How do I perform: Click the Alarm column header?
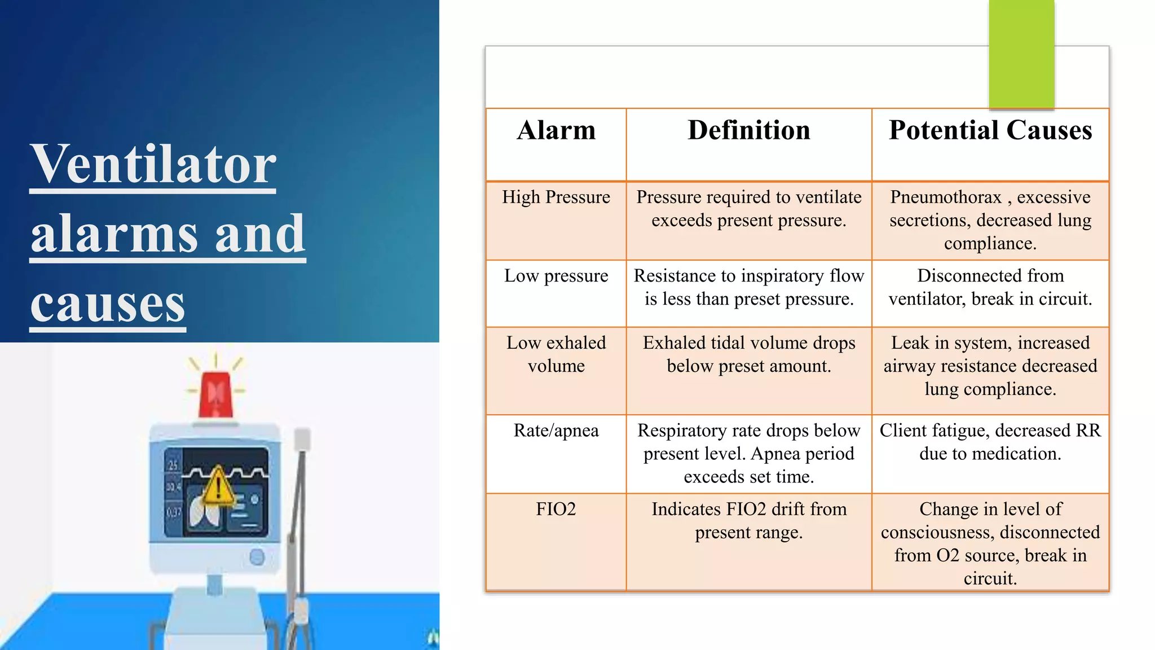[x=556, y=131]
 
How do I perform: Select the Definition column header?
[x=749, y=131]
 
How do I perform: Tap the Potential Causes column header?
[x=990, y=131]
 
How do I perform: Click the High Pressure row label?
[x=556, y=197]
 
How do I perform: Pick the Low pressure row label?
[x=556, y=276]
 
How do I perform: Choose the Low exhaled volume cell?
[x=556, y=354]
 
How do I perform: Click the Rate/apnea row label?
[x=556, y=431]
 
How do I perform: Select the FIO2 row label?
[x=556, y=509]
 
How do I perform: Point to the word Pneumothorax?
[x=946, y=197]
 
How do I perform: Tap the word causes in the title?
[x=108, y=304]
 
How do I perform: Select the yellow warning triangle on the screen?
[x=218, y=486]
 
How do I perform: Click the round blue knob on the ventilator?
[x=257, y=557]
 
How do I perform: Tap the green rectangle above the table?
[x=1021, y=54]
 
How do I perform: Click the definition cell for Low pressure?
[x=749, y=287]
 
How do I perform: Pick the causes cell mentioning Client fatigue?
[x=990, y=442]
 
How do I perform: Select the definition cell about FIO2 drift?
[x=749, y=520]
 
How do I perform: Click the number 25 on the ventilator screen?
[x=173, y=465]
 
